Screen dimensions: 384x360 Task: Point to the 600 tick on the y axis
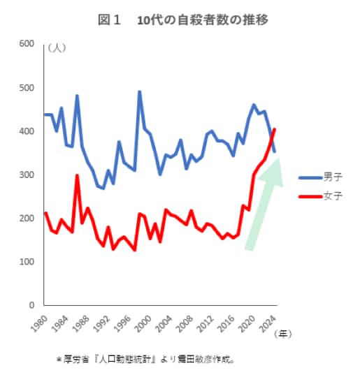(x=27, y=44)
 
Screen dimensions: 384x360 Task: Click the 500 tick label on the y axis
(x=27, y=88)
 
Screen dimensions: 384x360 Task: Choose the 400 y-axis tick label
(x=27, y=131)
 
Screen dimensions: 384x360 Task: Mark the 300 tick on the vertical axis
(x=27, y=175)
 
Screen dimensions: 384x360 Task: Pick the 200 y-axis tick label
(x=27, y=219)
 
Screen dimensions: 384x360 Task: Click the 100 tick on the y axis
(x=27, y=262)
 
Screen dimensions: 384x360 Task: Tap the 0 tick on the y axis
(x=31, y=306)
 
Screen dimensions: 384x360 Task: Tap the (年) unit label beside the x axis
(x=283, y=333)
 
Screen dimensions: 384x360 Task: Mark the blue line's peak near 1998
(x=139, y=92)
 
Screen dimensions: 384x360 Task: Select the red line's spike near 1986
(x=77, y=175)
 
